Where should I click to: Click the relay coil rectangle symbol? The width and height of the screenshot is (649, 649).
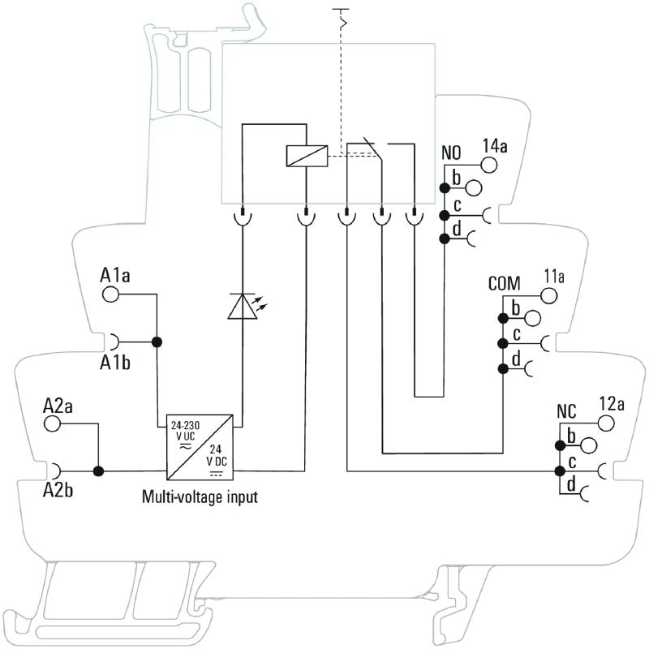tap(306, 156)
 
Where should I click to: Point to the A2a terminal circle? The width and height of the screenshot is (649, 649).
tap(53, 423)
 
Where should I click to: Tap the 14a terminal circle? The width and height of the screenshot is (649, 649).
tap(489, 165)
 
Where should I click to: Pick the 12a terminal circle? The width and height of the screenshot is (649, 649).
tap(606, 422)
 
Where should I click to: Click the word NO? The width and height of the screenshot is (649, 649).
tap(451, 153)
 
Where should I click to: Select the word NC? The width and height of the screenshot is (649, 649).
tap(565, 410)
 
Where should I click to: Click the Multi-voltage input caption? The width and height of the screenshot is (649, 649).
tap(200, 496)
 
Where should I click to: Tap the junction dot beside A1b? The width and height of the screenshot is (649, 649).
tap(157, 341)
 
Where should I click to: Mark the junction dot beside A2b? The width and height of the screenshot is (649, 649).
tap(99, 471)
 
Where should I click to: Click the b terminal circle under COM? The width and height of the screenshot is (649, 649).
tap(532, 317)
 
